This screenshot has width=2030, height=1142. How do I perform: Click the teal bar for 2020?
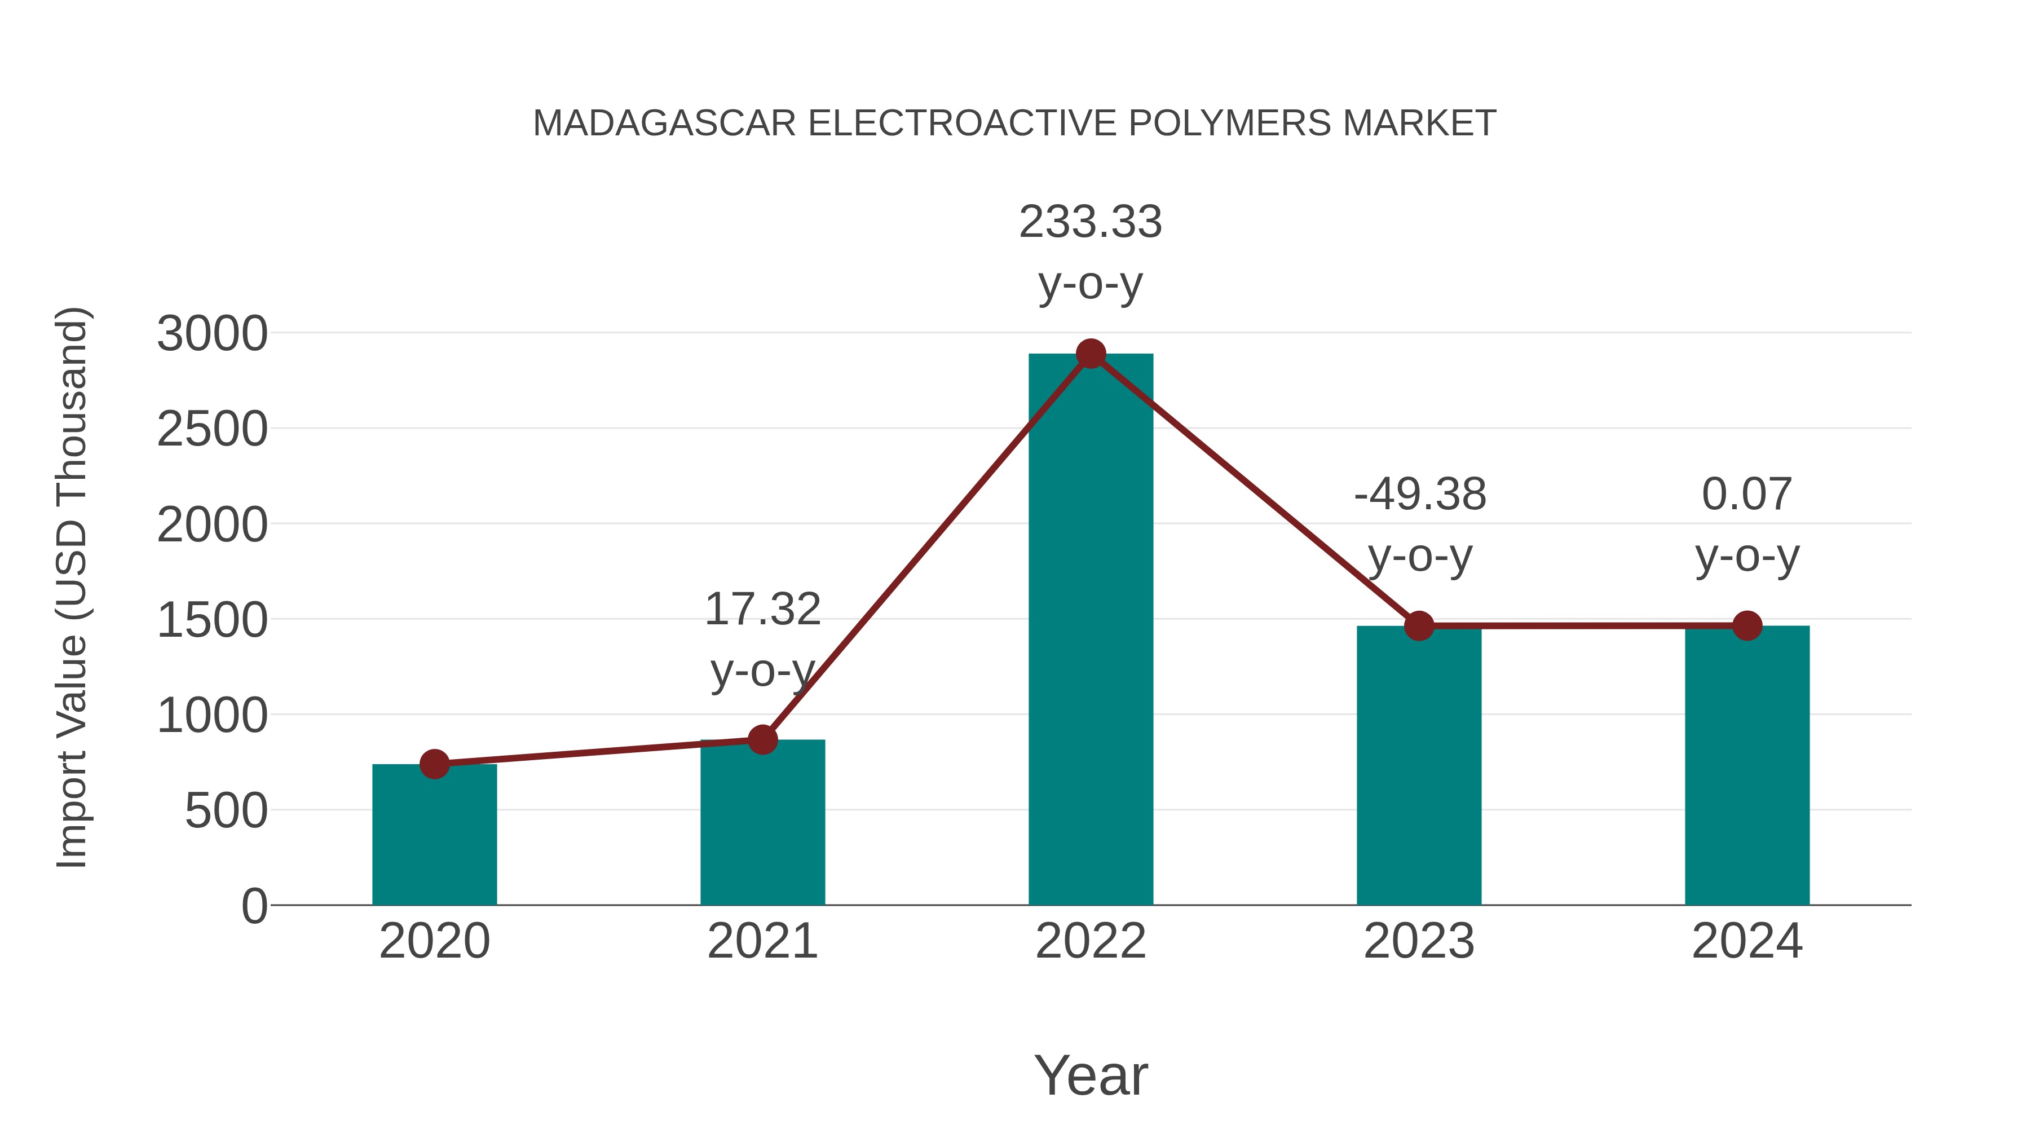434,835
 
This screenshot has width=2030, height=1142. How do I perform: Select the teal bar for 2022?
1091,630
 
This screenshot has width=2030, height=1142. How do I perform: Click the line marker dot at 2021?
762,739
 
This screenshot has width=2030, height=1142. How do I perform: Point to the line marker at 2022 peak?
1091,354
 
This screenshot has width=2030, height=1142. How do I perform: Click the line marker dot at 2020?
434,764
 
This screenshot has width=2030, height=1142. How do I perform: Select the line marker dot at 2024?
1747,626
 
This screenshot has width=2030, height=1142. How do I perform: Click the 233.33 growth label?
1091,222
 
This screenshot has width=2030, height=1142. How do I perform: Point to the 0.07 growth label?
1747,495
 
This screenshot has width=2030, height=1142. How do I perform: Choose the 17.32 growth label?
762,610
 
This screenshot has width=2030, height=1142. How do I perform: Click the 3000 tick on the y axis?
213,334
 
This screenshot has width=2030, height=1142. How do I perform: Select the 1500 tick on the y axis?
213,621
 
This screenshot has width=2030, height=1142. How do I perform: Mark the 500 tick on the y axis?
226,812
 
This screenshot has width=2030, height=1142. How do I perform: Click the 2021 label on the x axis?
762,941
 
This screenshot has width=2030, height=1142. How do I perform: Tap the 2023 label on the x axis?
1419,941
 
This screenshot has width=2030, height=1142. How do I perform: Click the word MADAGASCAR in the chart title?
664,124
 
